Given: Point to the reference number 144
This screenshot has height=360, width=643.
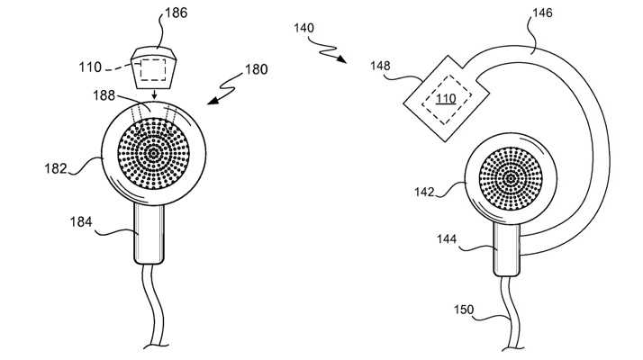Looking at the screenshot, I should [x=447, y=240].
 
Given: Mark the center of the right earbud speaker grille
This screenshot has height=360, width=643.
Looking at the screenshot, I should [x=511, y=178].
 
